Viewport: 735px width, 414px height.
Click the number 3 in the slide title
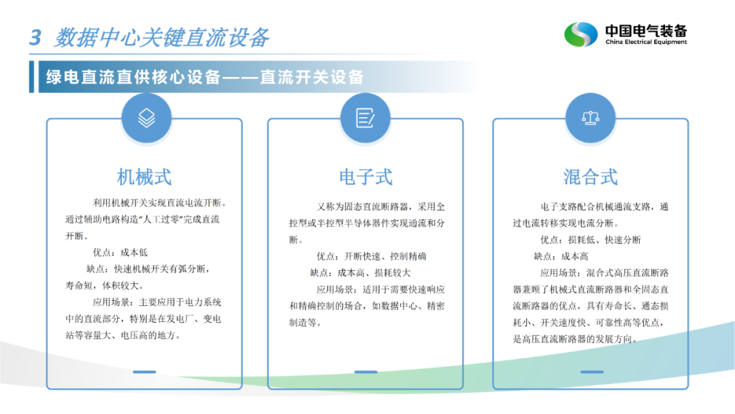point(35,37)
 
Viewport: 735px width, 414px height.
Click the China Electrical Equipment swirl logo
point(581,34)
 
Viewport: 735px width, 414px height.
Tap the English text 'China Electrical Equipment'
point(646,42)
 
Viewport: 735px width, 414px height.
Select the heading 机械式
point(144,177)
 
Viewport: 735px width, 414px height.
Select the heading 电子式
point(365,177)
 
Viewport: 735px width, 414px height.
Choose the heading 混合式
point(590,177)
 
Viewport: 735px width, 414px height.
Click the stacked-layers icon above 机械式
point(147,118)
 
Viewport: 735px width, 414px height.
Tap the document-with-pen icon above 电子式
point(365,118)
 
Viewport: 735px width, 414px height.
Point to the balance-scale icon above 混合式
point(590,118)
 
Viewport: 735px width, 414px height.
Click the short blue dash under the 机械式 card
point(144,372)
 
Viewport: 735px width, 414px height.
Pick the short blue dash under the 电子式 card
point(365,372)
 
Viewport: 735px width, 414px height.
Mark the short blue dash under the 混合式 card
point(592,372)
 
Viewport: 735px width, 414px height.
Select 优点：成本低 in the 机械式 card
point(120,253)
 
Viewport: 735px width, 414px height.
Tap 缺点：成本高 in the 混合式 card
point(561,257)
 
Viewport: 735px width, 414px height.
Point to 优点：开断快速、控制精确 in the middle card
point(372,257)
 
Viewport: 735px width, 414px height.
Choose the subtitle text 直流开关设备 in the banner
point(312,77)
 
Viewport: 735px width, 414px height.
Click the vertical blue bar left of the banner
point(31,76)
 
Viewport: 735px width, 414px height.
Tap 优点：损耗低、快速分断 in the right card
point(591,240)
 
